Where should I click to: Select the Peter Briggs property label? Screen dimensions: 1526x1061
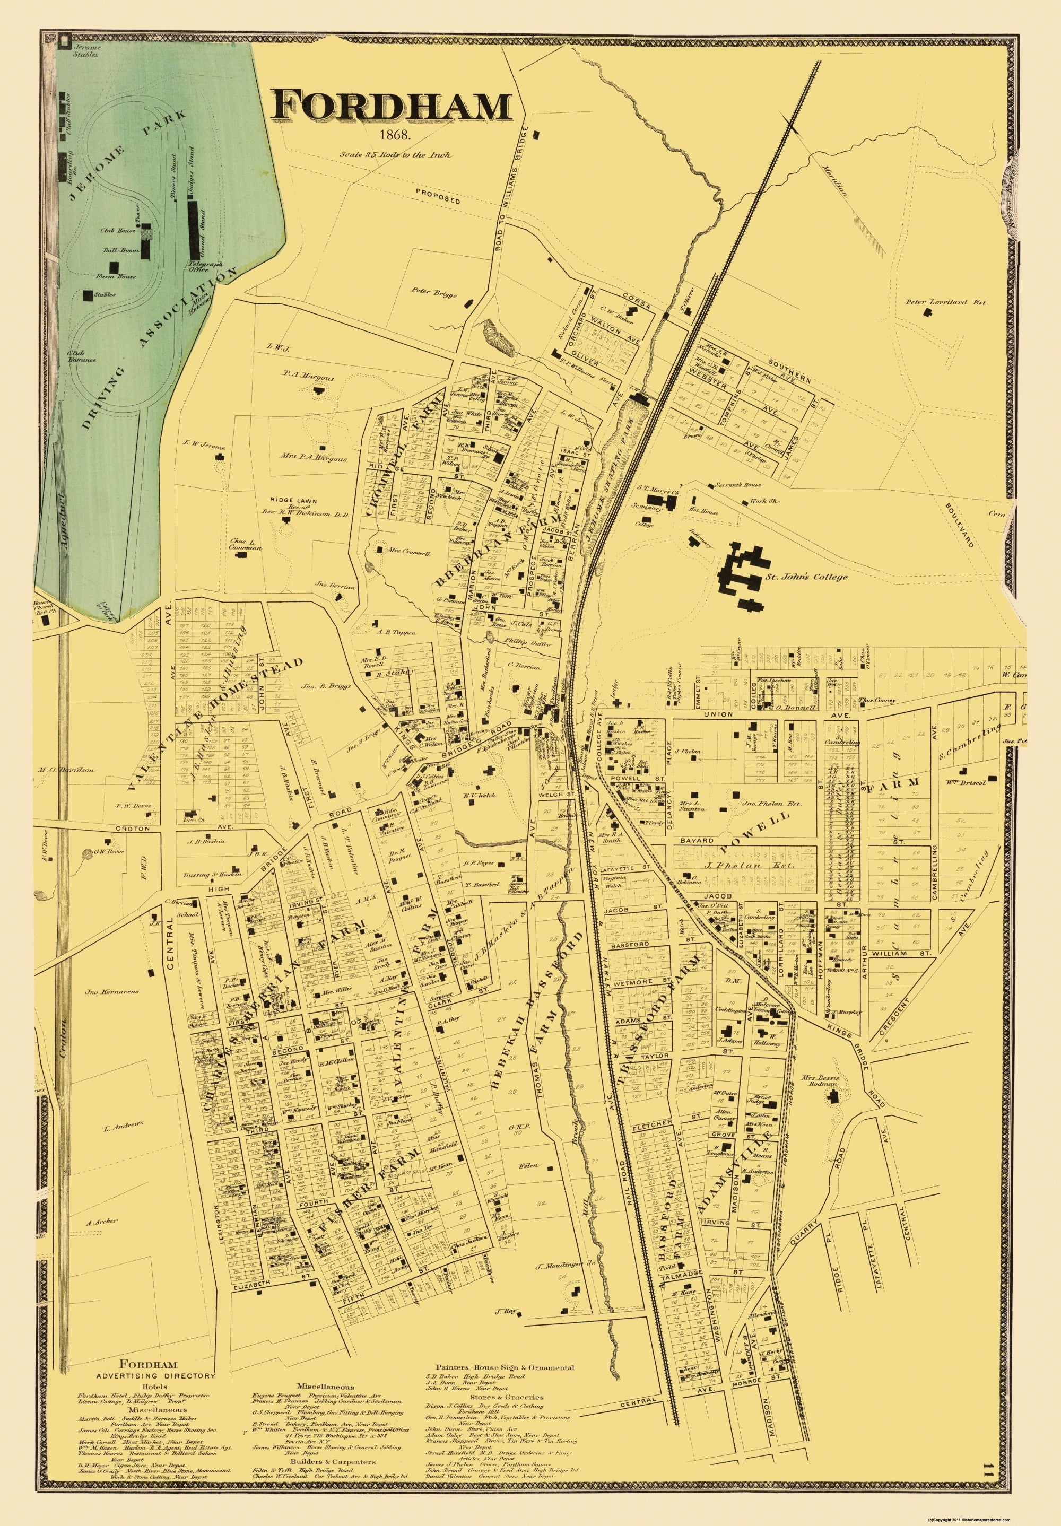(436, 291)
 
